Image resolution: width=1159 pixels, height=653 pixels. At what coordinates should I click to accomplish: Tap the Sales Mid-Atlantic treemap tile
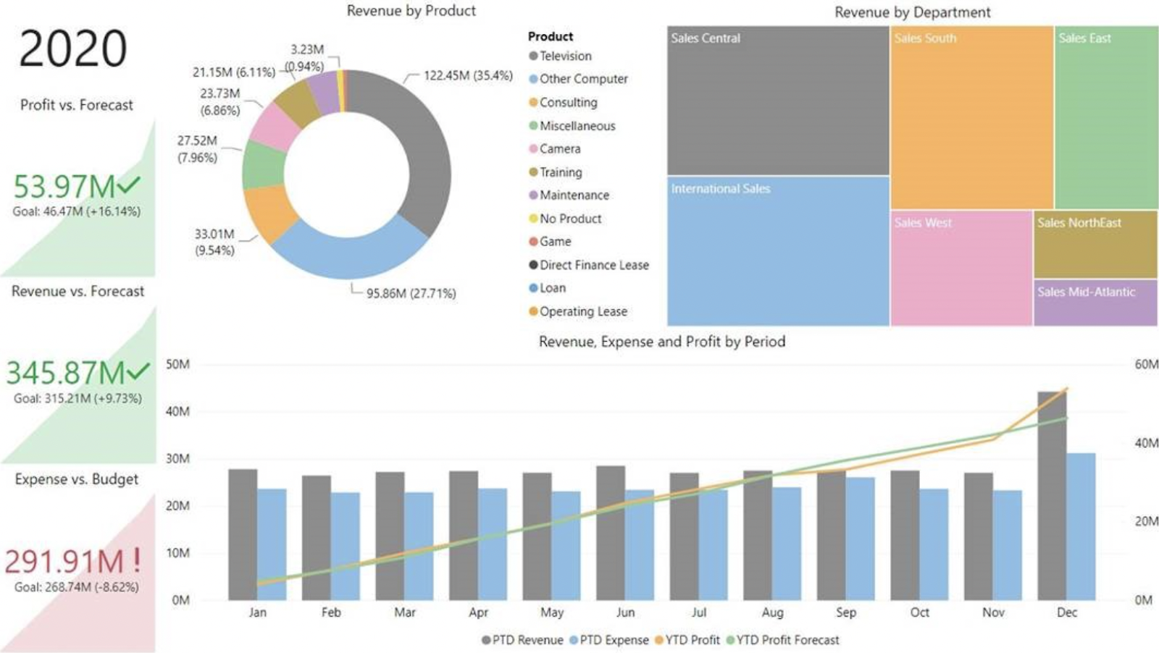click(x=1095, y=303)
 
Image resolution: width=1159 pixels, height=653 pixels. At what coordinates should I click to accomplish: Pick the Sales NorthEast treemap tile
click(x=1095, y=244)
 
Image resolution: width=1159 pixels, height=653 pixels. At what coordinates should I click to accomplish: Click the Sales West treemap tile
click(x=961, y=268)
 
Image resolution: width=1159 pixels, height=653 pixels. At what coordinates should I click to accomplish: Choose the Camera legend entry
click(x=559, y=149)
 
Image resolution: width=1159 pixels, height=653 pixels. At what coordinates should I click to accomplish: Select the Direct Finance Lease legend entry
click(x=593, y=265)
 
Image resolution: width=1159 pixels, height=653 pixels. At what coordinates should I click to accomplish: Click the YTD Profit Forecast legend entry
click(x=787, y=640)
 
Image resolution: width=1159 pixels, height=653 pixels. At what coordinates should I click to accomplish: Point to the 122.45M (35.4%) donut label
click(x=468, y=75)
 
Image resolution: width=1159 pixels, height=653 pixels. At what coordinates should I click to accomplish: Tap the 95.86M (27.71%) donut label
click(x=411, y=293)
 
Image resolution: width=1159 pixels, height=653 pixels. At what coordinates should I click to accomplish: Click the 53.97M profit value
click(x=64, y=187)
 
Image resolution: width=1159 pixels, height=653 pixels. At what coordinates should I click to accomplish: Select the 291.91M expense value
click(x=64, y=562)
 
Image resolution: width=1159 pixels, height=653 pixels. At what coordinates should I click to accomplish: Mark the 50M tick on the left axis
click(x=178, y=364)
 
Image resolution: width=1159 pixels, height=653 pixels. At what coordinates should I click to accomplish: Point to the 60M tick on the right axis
click(x=1145, y=364)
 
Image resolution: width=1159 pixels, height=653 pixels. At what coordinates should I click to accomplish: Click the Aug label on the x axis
click(x=772, y=612)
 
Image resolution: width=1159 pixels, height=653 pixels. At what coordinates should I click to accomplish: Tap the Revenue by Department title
click(x=912, y=12)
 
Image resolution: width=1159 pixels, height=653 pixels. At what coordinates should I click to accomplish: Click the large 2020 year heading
click(x=72, y=49)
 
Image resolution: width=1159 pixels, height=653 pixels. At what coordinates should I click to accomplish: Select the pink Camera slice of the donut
click(x=275, y=126)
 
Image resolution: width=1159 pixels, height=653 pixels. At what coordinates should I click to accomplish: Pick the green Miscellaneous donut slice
click(x=264, y=165)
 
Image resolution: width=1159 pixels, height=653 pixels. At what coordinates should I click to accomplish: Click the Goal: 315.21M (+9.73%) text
click(x=78, y=398)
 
